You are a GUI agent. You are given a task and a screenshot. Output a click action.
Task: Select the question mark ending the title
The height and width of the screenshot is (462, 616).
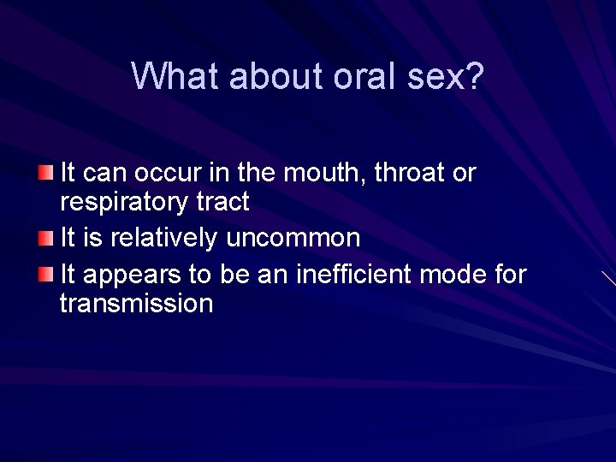(475, 76)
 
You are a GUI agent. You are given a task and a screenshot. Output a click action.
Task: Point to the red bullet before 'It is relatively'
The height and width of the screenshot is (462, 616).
(46, 236)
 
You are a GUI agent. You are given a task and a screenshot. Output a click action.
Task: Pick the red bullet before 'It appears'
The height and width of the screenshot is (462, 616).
(46, 273)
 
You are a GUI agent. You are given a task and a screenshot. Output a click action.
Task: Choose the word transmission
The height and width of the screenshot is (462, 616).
(136, 303)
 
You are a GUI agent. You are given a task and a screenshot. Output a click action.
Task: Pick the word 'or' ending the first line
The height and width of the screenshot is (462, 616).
(465, 175)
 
